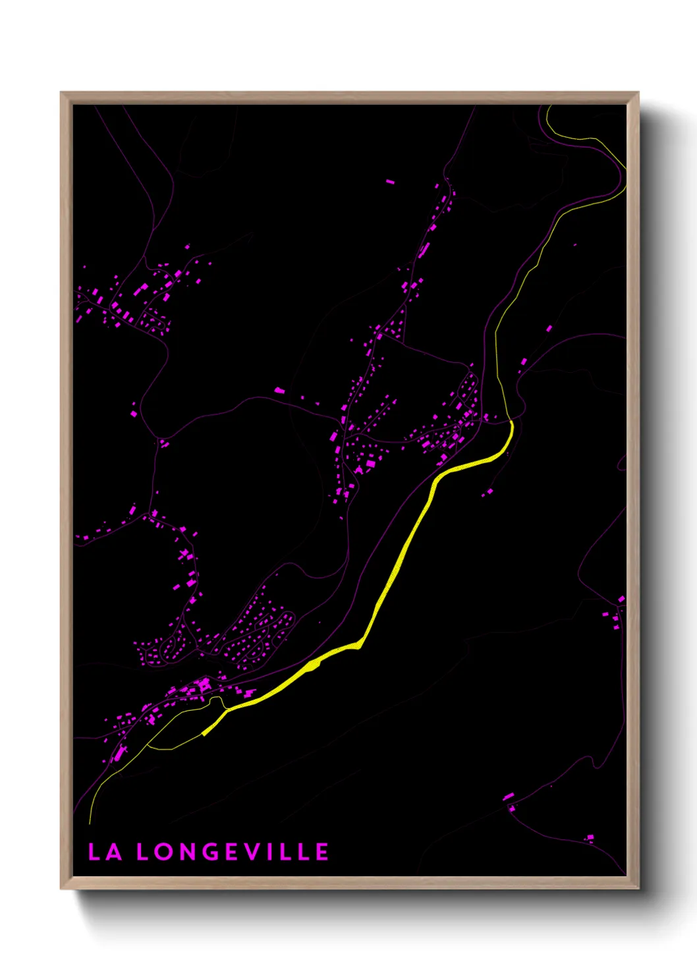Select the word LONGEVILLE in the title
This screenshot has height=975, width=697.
pyautogui.click(x=233, y=852)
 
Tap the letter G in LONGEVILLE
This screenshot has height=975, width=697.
pyautogui.click(x=210, y=852)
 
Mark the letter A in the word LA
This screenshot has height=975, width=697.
pyautogui.click(x=114, y=852)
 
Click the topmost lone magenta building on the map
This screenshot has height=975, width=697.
pyautogui.click(x=390, y=181)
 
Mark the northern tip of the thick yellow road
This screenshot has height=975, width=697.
pyautogui.click(x=511, y=422)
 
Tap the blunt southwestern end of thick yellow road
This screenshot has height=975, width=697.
pyautogui.click(x=204, y=733)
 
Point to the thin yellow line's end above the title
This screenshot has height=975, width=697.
pyautogui.click(x=90, y=823)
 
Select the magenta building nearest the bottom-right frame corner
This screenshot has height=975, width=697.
pyautogui.click(x=590, y=838)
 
